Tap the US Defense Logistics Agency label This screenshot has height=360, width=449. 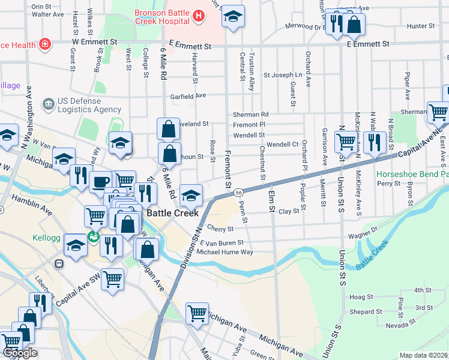[x=89, y=105]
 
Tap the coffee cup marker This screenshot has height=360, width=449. [x=101, y=181]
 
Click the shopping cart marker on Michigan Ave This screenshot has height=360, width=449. [x=197, y=313]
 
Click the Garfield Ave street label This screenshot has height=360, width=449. [x=188, y=95]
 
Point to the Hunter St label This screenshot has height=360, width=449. [x=420, y=26]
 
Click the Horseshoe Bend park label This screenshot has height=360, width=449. [x=412, y=174]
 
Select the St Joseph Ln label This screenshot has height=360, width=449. [x=282, y=75]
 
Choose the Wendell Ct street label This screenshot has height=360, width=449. [x=283, y=145]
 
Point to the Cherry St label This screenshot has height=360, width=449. [x=220, y=229]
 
